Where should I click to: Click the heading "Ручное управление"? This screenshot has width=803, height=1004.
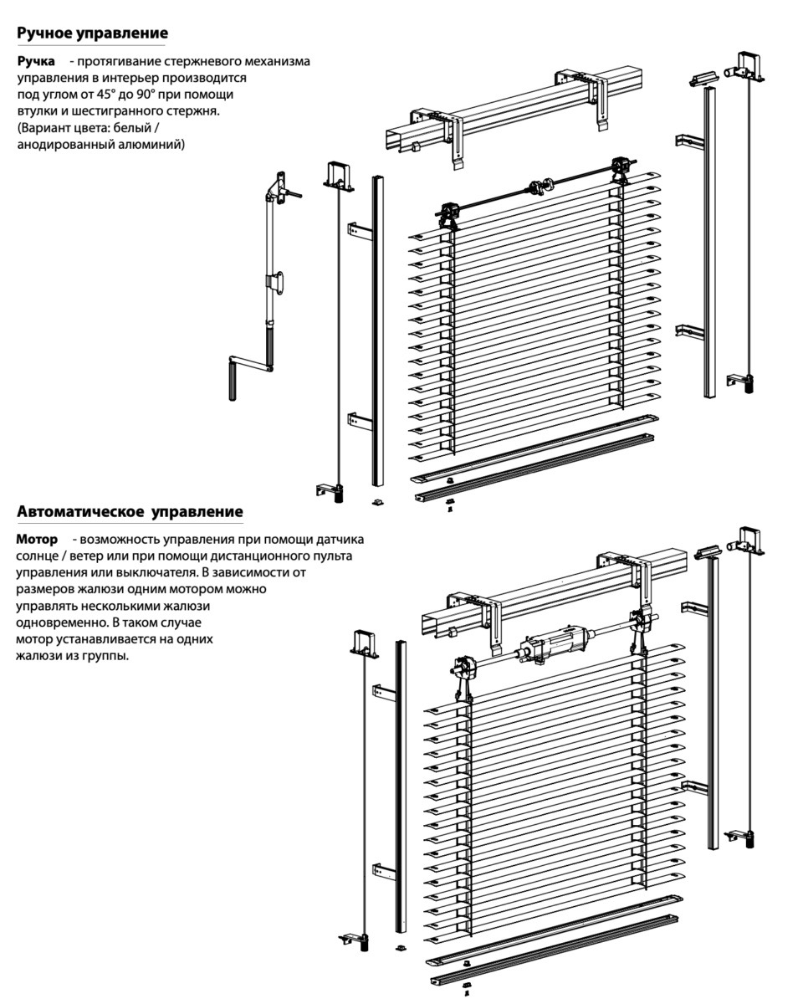tap(92, 33)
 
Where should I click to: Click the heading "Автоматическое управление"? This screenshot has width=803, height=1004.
tap(130, 511)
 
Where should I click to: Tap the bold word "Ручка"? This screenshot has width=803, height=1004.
tap(37, 61)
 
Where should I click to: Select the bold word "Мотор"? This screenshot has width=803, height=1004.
tap(38, 539)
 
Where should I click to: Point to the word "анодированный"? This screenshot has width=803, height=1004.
tap(59, 144)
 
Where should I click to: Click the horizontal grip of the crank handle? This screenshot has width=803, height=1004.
tap(251, 364)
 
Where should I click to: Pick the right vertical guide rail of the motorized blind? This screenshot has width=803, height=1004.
tap(713, 703)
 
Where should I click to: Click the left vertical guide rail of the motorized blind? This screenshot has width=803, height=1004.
tap(400, 786)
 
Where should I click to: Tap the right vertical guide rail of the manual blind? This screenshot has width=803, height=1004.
tap(709, 243)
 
